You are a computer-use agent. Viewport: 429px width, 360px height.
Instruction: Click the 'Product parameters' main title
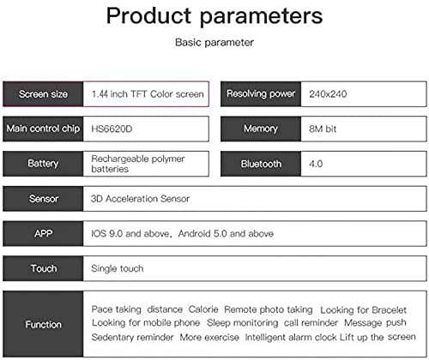click(214, 16)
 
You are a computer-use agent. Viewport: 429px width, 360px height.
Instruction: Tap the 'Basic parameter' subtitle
click(214, 43)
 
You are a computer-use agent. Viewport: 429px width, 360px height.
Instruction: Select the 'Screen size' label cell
click(43, 94)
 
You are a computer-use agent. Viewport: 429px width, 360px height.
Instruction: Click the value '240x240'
click(328, 94)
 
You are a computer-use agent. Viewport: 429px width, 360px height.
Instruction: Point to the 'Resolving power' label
click(261, 93)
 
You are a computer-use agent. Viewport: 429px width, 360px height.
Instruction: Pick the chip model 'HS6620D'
click(112, 129)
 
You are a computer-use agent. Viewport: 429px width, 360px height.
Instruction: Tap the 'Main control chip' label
click(43, 129)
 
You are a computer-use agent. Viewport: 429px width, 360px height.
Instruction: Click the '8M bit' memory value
click(323, 129)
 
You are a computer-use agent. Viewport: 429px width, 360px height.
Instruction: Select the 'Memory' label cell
click(261, 129)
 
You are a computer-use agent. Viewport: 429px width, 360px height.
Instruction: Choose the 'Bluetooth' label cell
click(261, 164)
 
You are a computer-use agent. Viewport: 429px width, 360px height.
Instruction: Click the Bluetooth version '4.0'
click(316, 164)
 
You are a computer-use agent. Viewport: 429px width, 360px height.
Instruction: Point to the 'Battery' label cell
click(43, 164)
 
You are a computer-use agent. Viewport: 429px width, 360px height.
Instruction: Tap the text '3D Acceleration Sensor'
click(140, 199)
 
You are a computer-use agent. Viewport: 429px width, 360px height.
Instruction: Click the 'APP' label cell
click(43, 233)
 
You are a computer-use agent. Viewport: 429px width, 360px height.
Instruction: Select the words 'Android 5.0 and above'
click(226, 234)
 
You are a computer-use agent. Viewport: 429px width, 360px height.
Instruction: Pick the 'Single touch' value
click(118, 268)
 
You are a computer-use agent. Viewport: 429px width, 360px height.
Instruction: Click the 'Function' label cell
click(43, 324)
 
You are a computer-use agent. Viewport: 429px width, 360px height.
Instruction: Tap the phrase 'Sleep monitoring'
click(243, 323)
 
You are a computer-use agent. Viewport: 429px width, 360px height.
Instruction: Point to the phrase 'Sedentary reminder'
click(132, 337)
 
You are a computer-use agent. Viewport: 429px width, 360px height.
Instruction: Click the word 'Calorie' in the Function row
click(203, 309)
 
